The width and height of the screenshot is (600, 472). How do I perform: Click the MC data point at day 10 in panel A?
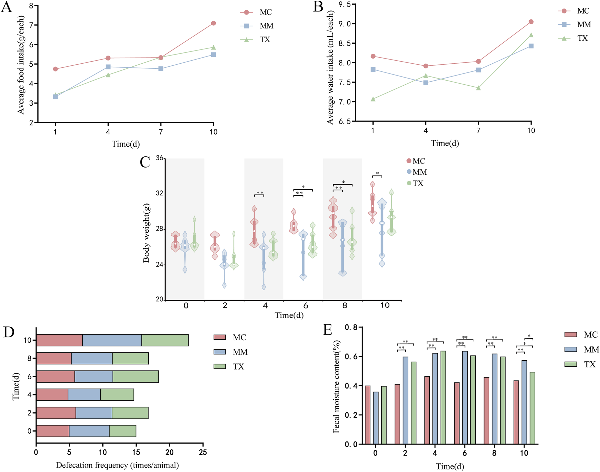213,23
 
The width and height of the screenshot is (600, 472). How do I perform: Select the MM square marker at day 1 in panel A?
56,97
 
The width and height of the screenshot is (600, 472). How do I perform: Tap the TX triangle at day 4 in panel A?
108,75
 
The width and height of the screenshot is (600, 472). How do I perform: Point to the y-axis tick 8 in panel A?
31,6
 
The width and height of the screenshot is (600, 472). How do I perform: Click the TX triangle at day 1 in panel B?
373,99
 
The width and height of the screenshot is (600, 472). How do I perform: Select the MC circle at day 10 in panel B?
531,22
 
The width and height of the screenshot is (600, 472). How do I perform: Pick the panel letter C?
145,162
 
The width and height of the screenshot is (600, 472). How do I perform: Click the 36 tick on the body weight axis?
159,158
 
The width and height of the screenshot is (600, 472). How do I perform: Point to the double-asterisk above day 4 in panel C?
260,193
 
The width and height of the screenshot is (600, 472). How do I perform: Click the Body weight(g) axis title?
146,233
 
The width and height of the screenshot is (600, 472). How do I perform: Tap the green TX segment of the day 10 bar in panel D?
165,340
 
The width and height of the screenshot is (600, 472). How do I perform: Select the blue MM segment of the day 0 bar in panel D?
89,431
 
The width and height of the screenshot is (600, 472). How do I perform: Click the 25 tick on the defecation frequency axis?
203,452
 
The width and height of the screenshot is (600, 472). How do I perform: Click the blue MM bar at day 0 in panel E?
376,418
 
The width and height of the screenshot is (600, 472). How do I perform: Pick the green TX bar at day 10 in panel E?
532,408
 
